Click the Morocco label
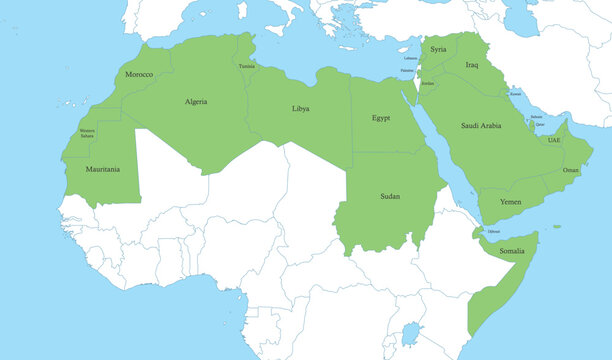pos(139,75)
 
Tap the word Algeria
pos(196,101)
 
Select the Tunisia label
pos(247,66)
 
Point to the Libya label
pos(300,108)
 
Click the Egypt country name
pos(381,118)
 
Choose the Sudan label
pos(390,196)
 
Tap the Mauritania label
pos(103,169)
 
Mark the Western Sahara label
pos(87,132)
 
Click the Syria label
pos(438,49)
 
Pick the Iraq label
pos(472,65)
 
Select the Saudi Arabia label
pos(481,126)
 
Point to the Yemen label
pos(510,201)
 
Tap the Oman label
pos(571,170)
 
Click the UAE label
pos(554,140)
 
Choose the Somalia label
pos(512,250)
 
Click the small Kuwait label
pos(515,93)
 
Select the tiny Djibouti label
pos(493,231)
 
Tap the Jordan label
pos(428,83)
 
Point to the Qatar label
pos(540,125)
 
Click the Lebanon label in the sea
pos(410,58)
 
